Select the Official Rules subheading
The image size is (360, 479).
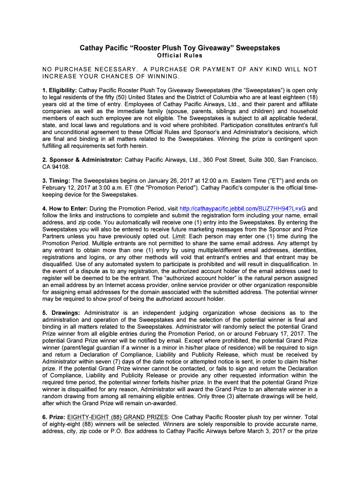[x=180, y=56]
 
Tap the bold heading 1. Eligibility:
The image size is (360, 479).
[x=59, y=90]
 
